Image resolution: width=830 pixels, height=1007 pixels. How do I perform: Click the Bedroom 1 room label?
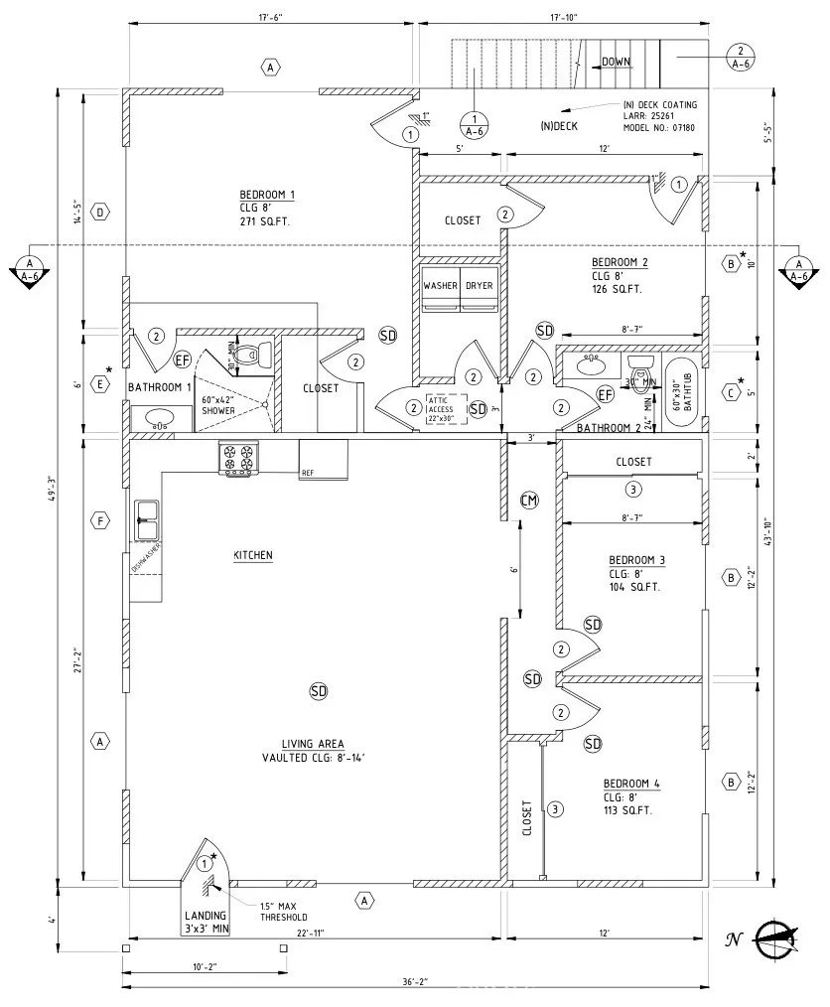(x=267, y=195)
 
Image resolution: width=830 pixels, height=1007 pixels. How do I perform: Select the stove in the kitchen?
(x=238, y=459)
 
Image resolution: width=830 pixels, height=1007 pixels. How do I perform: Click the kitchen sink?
(x=146, y=513)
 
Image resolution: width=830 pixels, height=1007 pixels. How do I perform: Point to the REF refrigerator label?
(x=308, y=474)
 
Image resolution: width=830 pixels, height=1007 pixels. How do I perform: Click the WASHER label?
(x=441, y=286)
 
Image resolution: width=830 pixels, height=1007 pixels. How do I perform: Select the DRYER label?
(x=479, y=286)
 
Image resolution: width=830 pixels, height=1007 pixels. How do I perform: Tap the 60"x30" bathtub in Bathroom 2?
(x=680, y=392)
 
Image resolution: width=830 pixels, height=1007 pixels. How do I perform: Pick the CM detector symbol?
(x=529, y=500)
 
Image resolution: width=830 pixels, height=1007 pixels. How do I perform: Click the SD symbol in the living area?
(x=318, y=690)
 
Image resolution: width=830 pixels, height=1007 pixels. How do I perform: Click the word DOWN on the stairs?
(x=616, y=62)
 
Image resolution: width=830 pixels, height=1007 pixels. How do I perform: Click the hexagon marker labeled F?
(x=99, y=520)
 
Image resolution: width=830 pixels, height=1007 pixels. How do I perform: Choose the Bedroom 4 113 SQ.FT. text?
(x=627, y=810)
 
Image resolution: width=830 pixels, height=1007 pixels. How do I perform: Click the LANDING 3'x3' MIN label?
(x=206, y=923)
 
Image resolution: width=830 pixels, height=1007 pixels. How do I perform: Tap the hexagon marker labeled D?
(x=99, y=212)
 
